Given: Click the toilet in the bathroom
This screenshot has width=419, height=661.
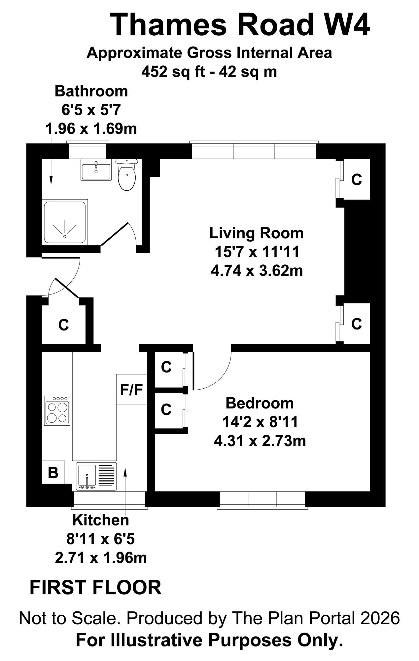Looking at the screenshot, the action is tap(127, 175).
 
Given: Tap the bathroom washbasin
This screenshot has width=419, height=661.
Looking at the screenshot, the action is tap(96, 170).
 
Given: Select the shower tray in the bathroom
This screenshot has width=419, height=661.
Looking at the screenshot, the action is tap(65, 222).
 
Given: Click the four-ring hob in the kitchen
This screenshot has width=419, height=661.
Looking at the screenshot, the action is tap(57, 410).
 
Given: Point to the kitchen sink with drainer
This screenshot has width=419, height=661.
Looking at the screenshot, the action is tap(96, 476).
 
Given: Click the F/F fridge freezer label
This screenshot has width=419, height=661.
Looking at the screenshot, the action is tap(131, 390).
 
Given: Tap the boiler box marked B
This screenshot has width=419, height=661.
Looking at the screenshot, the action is tap(53, 472).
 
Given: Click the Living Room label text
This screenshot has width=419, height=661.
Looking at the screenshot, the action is tap(257, 233).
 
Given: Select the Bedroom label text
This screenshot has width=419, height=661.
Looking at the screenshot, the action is tap(260, 403).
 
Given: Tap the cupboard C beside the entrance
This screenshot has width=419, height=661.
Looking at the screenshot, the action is tap(63, 325).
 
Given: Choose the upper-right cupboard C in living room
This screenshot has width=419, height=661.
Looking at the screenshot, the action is tap(357, 179).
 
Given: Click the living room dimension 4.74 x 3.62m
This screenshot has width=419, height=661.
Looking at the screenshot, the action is tap(257, 271).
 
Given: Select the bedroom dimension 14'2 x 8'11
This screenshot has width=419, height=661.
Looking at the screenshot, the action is tap(260, 422).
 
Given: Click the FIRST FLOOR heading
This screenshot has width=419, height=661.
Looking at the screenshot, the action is tap(96, 588).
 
